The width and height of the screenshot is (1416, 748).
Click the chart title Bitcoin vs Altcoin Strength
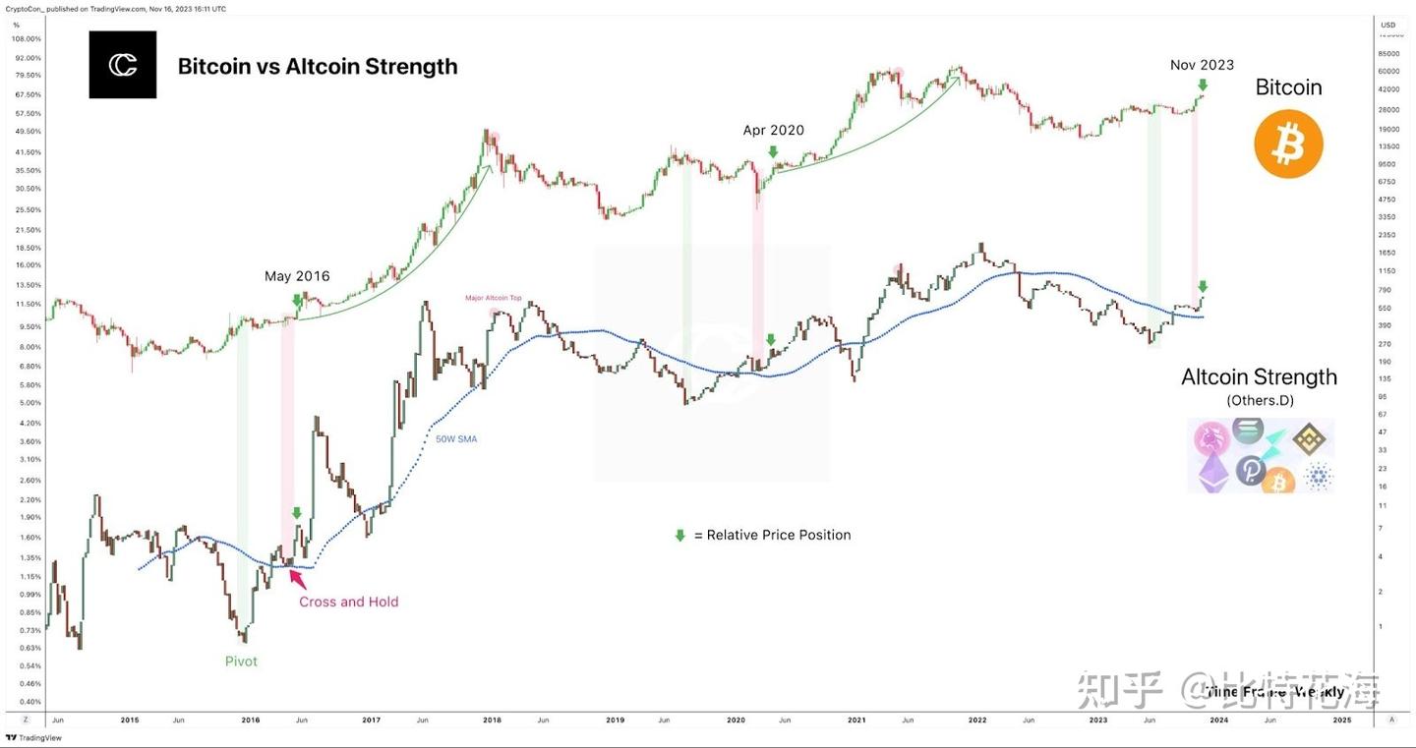click(x=317, y=67)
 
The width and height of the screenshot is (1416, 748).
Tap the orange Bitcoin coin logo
click(x=1288, y=144)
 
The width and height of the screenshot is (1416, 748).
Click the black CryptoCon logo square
click(x=123, y=65)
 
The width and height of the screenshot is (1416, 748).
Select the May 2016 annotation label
click(x=297, y=276)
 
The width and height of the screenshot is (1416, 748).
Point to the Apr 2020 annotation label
click(x=773, y=130)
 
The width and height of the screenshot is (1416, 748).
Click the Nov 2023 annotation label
click(x=1202, y=65)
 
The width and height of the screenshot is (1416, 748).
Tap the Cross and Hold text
click(x=349, y=602)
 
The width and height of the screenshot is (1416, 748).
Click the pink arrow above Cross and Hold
click(x=297, y=578)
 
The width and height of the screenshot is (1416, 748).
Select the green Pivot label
click(x=241, y=662)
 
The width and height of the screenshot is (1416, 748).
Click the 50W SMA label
click(x=456, y=439)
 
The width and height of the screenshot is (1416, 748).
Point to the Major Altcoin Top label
click(x=493, y=297)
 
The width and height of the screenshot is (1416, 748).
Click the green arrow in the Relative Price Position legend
click(x=678, y=536)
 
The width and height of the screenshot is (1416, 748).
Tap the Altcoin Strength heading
click(x=1259, y=377)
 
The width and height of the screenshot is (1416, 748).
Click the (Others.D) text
click(x=1260, y=401)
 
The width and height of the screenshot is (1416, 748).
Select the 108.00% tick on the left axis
click(x=26, y=39)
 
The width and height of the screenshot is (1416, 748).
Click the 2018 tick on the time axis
click(x=492, y=720)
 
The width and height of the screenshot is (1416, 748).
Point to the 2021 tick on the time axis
click(x=855, y=720)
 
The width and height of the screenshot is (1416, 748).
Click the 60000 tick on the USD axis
click(x=1388, y=72)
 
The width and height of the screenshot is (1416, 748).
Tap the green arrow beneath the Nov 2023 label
click(x=1202, y=86)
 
